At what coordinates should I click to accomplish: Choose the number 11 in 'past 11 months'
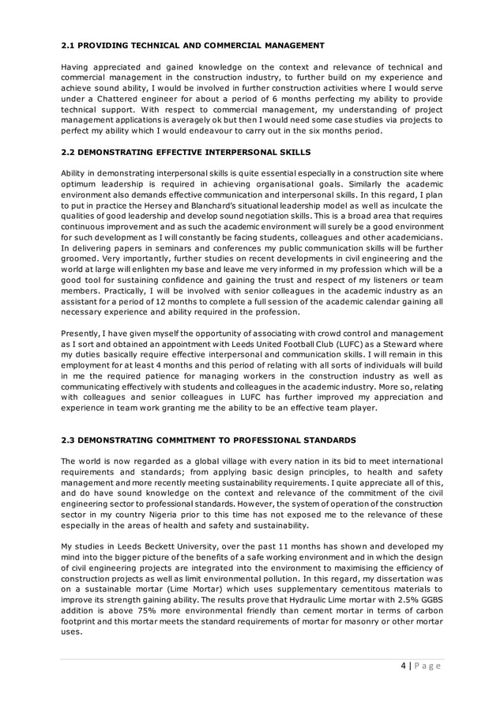point(261,547)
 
